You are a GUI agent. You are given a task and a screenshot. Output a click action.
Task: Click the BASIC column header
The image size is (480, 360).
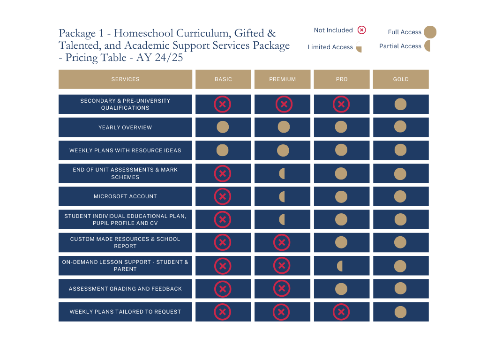pos(223,79)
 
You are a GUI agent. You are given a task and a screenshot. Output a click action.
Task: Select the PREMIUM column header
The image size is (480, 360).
pos(282,79)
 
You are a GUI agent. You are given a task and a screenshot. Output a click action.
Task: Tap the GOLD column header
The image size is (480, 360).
pos(400,79)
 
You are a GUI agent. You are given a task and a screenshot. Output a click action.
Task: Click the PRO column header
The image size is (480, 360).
pos(342,79)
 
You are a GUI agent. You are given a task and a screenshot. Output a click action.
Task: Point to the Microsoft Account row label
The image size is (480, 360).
pos(125,196)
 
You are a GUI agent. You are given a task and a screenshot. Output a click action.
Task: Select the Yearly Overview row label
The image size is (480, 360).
pos(125,127)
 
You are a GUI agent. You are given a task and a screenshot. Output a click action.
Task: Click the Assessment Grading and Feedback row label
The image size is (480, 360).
pos(125,289)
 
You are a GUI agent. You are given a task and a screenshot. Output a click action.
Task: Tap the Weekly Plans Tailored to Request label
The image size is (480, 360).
pos(125,312)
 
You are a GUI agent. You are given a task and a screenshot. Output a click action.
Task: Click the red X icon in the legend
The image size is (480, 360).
pos(361,30)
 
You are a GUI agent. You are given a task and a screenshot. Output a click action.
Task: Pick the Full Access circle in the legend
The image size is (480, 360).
pos(430,32)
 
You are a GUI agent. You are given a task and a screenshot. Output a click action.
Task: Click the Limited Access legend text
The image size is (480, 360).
pos(330,47)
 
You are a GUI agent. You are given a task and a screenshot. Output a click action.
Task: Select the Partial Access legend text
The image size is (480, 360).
pos(400,46)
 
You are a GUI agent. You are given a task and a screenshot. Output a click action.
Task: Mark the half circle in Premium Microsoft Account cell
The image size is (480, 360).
pos(282,196)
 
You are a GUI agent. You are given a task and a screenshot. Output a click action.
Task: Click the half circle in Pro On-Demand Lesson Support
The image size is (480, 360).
pos(340,266)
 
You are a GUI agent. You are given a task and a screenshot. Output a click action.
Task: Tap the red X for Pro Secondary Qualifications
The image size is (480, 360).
pos(341,104)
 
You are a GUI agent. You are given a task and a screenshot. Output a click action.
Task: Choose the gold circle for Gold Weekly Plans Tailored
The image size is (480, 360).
pos(400,312)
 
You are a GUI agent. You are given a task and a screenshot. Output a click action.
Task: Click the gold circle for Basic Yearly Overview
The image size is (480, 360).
pos(223,127)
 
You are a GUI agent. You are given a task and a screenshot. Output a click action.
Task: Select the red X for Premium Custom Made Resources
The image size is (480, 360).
pos(282,242)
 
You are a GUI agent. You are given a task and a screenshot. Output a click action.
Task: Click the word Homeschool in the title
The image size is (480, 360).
pos(143,33)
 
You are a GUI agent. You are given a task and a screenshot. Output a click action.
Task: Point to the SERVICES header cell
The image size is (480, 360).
pos(125,79)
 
